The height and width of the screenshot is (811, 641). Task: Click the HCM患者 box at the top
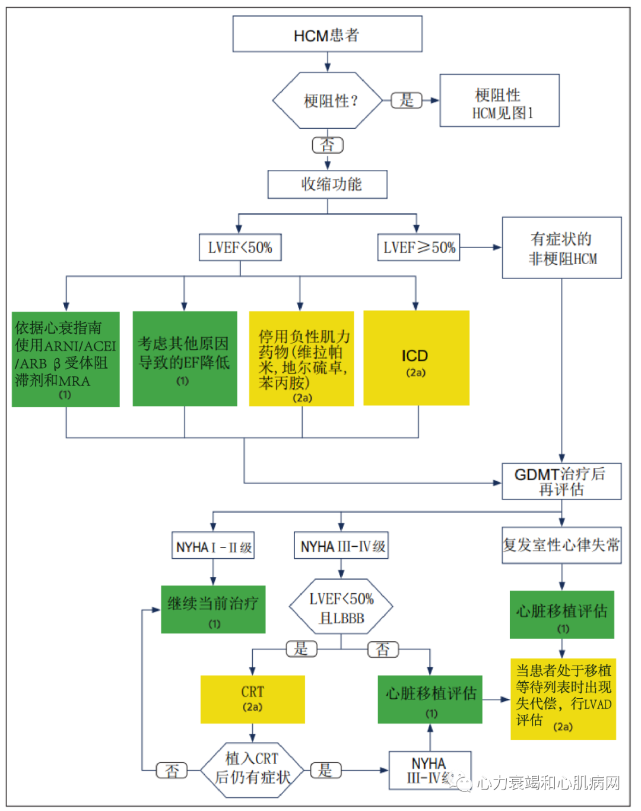327,34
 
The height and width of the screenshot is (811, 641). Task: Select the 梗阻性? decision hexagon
327,100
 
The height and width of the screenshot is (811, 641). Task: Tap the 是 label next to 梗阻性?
407,100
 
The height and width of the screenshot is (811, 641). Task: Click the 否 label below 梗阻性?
328,145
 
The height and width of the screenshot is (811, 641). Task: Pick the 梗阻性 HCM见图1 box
499,101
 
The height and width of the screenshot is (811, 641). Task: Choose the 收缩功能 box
328,185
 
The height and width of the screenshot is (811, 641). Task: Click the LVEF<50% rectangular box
240,248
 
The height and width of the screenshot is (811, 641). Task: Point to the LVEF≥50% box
418,248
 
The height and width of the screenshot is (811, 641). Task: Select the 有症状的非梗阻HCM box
561,248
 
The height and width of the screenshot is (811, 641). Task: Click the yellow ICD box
416,359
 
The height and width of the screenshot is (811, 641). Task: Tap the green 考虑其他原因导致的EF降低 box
185,359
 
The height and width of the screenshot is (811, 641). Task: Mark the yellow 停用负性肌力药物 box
302,359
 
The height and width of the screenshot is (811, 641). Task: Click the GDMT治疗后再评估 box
561,481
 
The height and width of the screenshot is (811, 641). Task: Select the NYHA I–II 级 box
213,546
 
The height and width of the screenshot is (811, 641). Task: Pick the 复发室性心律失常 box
561,545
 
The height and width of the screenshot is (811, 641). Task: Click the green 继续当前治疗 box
213,610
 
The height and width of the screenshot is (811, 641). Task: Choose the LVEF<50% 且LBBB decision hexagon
341,607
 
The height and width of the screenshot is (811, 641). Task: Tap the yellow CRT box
253,699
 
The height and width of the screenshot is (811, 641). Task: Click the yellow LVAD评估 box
563,699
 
